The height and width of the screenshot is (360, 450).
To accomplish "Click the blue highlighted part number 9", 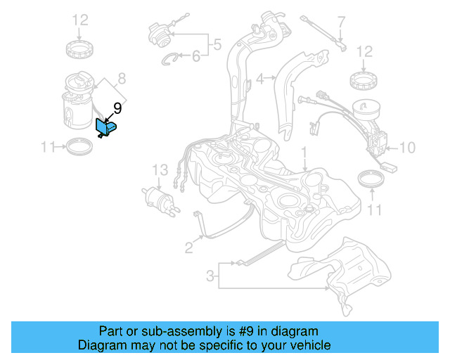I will click(x=107, y=127).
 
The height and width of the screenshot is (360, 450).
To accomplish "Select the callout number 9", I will click(x=117, y=108).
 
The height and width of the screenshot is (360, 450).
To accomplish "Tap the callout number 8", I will click(x=121, y=78).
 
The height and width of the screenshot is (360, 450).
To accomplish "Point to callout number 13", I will click(x=160, y=170).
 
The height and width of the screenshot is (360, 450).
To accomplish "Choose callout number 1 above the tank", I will click(x=304, y=151).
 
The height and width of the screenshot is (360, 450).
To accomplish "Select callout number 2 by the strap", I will click(x=189, y=247).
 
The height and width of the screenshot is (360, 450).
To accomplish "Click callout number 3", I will click(x=210, y=276).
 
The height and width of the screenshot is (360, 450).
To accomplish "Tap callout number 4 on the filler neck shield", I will click(x=259, y=79).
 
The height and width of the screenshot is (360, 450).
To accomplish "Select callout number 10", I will click(x=408, y=148).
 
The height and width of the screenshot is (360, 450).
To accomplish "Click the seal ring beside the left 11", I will click(x=78, y=148).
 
